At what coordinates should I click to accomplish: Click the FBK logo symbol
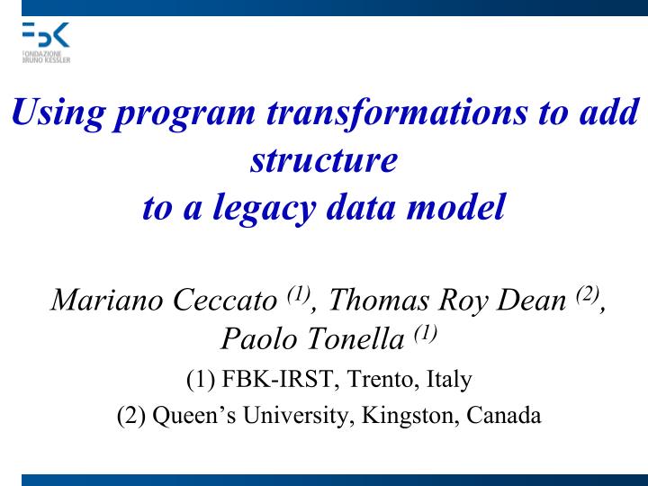45,36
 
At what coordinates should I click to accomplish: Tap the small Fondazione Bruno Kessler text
45,57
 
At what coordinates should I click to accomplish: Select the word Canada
504,416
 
